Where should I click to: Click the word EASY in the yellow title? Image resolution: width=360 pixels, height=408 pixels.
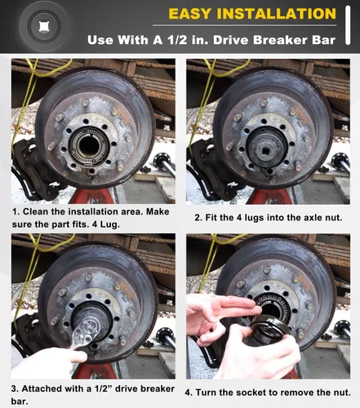190,14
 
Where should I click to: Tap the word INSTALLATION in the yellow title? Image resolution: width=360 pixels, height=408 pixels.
277,14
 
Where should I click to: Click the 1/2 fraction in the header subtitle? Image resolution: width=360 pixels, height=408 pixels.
177,40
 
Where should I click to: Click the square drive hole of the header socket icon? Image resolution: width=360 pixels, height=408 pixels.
43,27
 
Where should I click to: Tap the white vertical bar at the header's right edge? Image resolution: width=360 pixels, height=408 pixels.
348,25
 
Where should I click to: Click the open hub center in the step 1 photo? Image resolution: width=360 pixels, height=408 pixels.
88,146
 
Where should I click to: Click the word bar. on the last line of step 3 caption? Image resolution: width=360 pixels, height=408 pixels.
20,401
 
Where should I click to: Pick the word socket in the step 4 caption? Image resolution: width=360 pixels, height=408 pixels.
251,392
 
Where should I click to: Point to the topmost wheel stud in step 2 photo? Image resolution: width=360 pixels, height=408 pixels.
264,103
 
